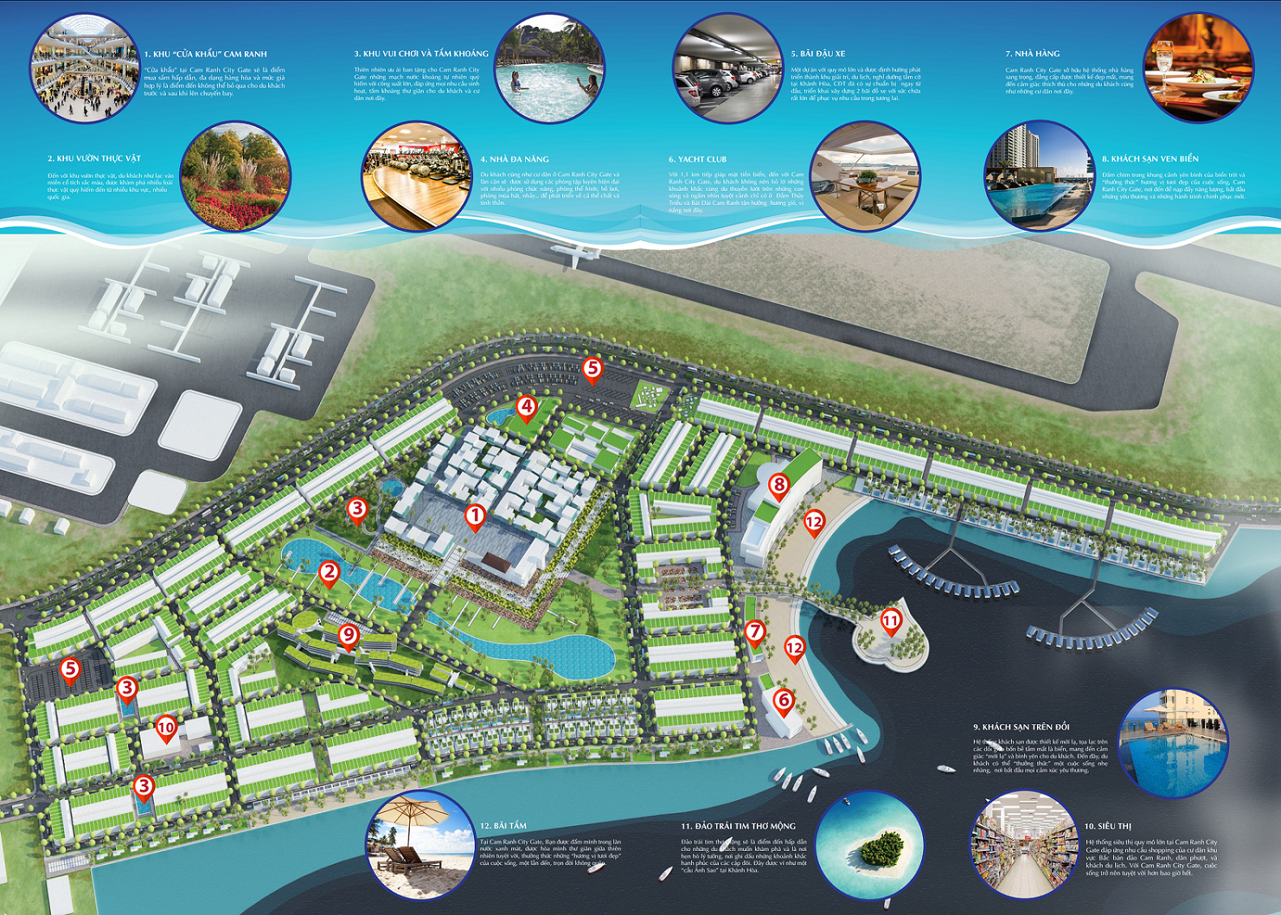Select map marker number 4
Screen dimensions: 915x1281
click(x=526, y=408)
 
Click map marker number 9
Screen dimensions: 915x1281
click(x=348, y=635)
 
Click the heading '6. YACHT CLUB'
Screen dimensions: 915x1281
click(x=697, y=159)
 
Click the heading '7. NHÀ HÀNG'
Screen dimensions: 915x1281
click(x=1032, y=54)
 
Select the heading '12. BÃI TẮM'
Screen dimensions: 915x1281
click(x=503, y=826)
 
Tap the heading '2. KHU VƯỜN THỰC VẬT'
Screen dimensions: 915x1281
click(x=94, y=159)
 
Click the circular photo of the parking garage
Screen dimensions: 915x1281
click(x=727, y=69)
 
